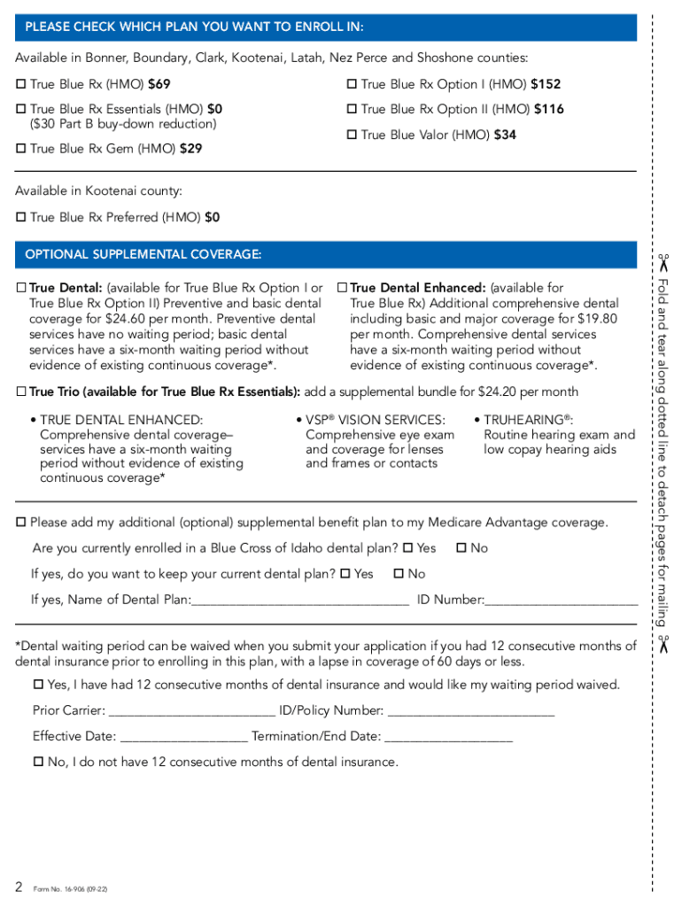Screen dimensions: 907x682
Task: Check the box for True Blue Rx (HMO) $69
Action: pos(21,85)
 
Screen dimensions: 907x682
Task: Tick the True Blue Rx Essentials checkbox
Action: pos(21,110)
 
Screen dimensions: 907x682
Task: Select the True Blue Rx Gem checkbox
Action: pos(21,150)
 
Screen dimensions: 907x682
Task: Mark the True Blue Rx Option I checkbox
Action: pos(352,85)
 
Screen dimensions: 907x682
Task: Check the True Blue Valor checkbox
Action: pos(352,136)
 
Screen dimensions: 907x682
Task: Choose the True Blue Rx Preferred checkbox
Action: pos(21,218)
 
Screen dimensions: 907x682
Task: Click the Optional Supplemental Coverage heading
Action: pos(143,255)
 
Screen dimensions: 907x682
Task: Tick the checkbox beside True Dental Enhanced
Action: pos(342,288)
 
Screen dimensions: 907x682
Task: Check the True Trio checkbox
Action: pos(21,392)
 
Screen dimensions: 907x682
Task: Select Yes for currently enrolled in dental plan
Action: pos(408,549)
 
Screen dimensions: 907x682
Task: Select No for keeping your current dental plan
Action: pos(399,575)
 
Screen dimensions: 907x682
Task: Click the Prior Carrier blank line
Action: pos(191,711)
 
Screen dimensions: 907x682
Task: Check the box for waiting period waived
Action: pos(38,686)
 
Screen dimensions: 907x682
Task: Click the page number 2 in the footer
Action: pos(19,887)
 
